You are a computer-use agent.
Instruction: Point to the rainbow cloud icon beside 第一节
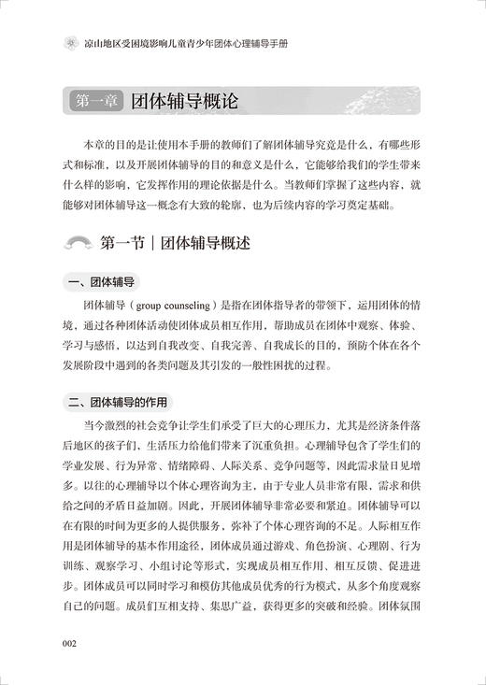76,245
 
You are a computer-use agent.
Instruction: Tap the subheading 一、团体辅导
99,281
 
